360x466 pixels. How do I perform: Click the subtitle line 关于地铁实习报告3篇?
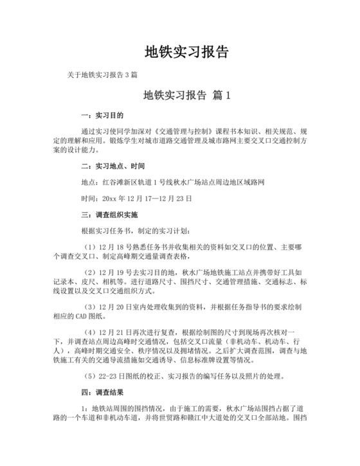click(103, 75)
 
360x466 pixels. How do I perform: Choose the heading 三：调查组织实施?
click(105, 214)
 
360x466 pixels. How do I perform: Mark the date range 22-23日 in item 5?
click(116, 375)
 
